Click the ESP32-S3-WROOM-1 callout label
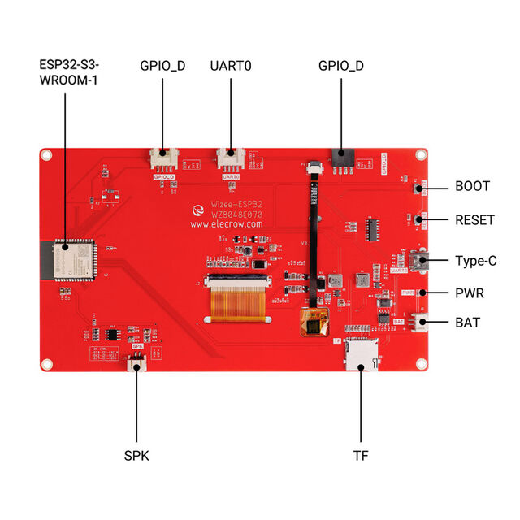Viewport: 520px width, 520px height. pos(68,72)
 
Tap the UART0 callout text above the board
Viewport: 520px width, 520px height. pos(231,65)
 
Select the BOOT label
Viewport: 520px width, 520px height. pos(472,186)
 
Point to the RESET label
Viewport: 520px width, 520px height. pos(474,219)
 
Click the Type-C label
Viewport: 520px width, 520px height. pos(476,261)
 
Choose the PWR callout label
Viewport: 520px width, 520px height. pos(470,292)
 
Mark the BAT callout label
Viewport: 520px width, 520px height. pos(467,322)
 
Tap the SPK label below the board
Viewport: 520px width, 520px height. pos(136,456)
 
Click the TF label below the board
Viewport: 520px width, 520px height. pos(361,456)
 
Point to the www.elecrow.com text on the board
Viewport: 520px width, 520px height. pos(227,223)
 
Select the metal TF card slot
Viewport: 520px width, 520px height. pos(361,354)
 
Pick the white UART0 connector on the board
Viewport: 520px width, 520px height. pos(231,158)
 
